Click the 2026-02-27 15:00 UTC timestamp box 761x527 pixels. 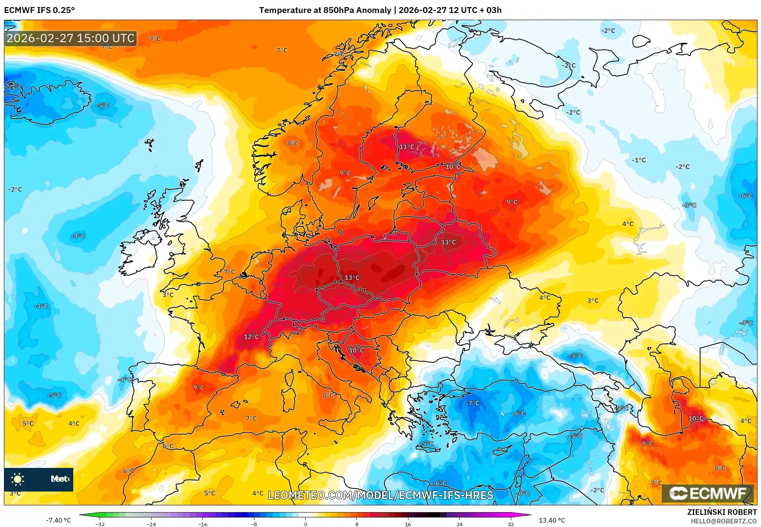(71, 38)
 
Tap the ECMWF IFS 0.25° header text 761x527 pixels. (39, 10)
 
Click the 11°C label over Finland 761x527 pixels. (407, 147)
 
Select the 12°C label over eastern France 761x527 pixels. (251, 337)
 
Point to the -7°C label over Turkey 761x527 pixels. (472, 403)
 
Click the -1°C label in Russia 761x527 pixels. (639, 160)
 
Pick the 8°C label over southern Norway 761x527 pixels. (293, 143)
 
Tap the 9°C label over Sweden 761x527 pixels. (345, 173)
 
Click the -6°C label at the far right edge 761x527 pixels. (746, 196)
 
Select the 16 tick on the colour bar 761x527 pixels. (408, 524)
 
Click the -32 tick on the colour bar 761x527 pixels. (100, 524)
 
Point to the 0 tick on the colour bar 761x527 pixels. (305, 524)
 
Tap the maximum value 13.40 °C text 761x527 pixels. (551, 520)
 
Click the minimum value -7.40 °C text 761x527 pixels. (58, 520)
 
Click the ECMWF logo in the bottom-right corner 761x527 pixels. (707, 494)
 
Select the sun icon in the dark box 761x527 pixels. (18, 479)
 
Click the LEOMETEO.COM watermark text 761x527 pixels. (380, 495)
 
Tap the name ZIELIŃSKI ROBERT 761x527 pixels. (722, 512)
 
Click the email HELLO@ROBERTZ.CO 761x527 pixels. (723, 521)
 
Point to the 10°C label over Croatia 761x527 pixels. (356, 350)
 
